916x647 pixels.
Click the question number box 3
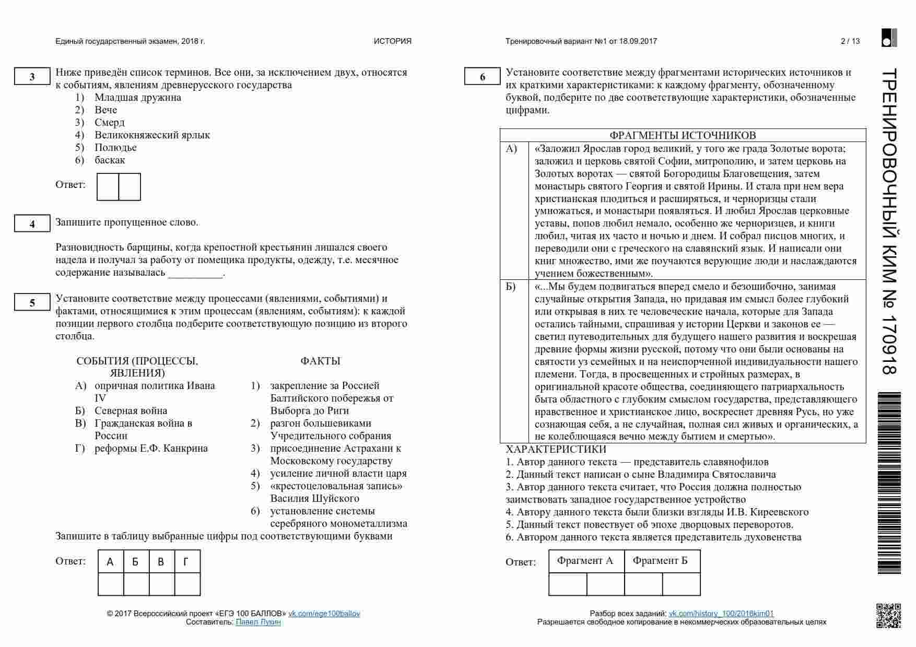[32, 77]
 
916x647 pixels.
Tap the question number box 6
[482, 77]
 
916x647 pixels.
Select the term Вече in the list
[106, 110]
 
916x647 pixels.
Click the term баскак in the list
[110, 160]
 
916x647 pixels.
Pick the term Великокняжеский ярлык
[152, 135]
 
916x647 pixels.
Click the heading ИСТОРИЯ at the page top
[392, 41]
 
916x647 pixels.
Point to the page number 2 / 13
[850, 41]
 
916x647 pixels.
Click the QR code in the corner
[888, 616]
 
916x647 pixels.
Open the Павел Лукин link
[258, 622]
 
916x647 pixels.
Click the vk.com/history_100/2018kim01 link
[721, 614]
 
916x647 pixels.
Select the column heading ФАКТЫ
[320, 361]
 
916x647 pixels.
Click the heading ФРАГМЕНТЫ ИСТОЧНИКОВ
[683, 135]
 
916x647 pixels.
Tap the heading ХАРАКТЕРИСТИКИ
[556, 449]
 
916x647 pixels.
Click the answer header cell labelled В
[161, 562]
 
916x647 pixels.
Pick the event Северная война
[131, 410]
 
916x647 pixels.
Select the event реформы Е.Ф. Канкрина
[151, 448]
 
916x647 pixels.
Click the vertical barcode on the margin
[890, 483]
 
